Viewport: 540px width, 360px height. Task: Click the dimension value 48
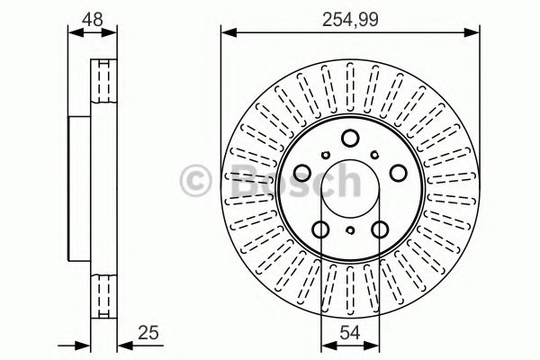click(94, 17)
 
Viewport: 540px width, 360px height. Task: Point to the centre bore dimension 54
click(349, 332)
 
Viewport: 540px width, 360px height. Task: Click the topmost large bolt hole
click(349, 137)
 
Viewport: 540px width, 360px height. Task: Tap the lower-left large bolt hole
click(321, 229)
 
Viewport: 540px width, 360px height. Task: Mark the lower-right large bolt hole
click(378, 229)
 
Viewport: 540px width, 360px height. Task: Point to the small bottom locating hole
click(349, 231)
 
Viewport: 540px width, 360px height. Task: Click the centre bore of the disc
click(349, 184)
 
